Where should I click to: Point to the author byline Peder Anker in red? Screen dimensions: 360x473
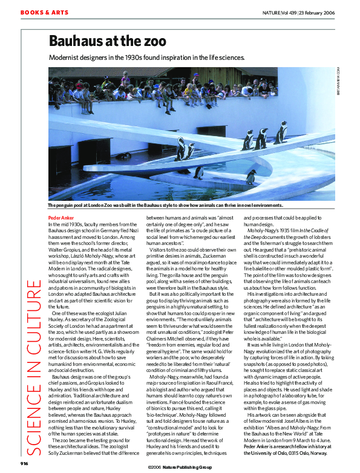pyautogui.click(x=61, y=217)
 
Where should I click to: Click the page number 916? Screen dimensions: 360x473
pyautogui.click(x=24, y=463)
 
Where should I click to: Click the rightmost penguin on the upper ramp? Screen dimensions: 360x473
pyautogui.click(x=281, y=132)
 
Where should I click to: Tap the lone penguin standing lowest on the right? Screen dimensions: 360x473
pyautogui.click(x=251, y=177)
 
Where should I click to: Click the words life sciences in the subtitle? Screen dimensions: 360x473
pyautogui.click(x=226, y=58)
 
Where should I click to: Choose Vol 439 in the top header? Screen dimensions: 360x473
pyautogui.click(x=304, y=13)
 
